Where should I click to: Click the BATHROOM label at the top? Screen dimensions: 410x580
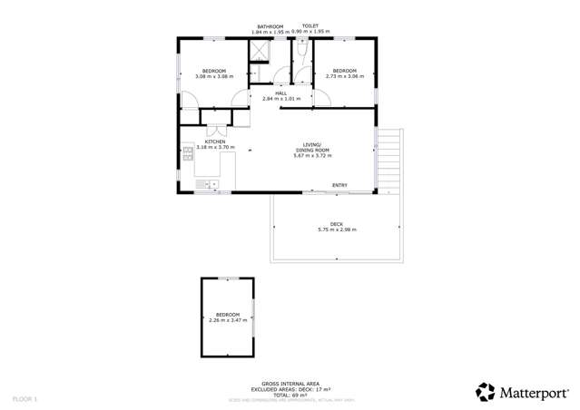point(269,26)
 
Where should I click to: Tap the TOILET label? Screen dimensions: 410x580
point(310,26)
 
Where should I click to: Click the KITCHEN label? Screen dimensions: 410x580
point(215,142)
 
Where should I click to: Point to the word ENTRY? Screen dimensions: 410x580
point(339,186)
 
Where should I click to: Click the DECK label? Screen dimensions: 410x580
point(337,224)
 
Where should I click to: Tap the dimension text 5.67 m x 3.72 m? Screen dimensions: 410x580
point(312,156)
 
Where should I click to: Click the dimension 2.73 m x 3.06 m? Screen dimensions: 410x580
point(344,76)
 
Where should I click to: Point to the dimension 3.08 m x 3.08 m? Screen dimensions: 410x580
point(214,76)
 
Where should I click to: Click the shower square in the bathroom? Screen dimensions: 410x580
point(259,51)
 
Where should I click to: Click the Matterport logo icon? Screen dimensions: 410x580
point(486,392)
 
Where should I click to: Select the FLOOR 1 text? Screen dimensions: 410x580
point(25,399)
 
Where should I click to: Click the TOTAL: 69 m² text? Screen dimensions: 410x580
point(290,395)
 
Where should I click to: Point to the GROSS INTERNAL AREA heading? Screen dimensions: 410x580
point(290,384)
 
